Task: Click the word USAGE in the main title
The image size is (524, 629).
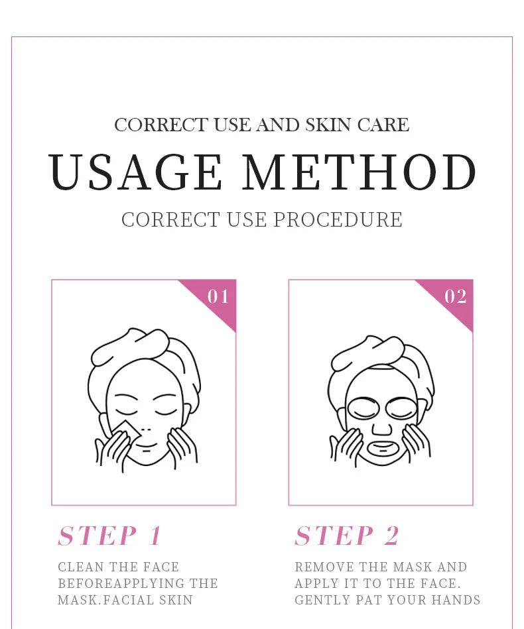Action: tap(136, 172)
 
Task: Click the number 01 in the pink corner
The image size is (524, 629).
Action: tap(218, 296)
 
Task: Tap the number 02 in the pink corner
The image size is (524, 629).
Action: tap(456, 296)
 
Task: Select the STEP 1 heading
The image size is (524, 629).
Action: tap(109, 536)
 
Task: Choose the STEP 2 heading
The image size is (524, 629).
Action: tap(347, 536)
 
